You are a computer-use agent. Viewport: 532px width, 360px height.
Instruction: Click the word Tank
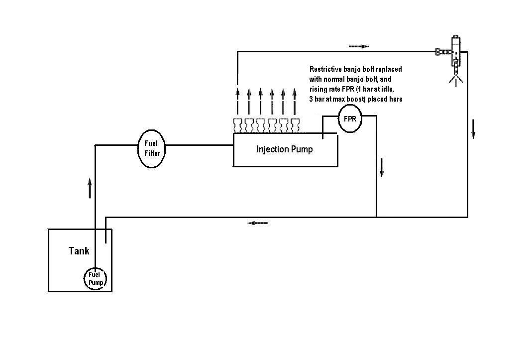click(79, 251)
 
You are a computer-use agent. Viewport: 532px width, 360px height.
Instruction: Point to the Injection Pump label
click(285, 149)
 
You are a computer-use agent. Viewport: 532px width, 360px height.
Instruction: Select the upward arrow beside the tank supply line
click(90, 188)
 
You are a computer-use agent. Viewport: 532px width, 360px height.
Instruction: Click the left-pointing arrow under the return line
click(258, 223)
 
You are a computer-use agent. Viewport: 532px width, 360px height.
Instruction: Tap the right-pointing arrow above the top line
click(359, 46)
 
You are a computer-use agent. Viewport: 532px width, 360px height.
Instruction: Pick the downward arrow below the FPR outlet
click(382, 168)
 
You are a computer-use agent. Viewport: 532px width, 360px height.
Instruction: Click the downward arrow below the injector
click(473, 129)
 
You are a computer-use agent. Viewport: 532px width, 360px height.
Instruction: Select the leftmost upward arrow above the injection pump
click(237, 101)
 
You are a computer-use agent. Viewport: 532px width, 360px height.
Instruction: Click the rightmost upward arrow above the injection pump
click(295, 101)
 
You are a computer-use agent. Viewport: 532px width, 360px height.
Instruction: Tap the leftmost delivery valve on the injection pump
click(238, 125)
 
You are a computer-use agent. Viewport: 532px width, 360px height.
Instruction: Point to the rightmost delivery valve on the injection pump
click(295, 125)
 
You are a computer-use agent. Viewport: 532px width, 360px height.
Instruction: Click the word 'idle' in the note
click(387, 89)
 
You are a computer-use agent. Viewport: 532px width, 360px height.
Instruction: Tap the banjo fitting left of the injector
click(443, 52)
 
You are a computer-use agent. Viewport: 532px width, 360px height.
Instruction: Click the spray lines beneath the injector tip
click(456, 81)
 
